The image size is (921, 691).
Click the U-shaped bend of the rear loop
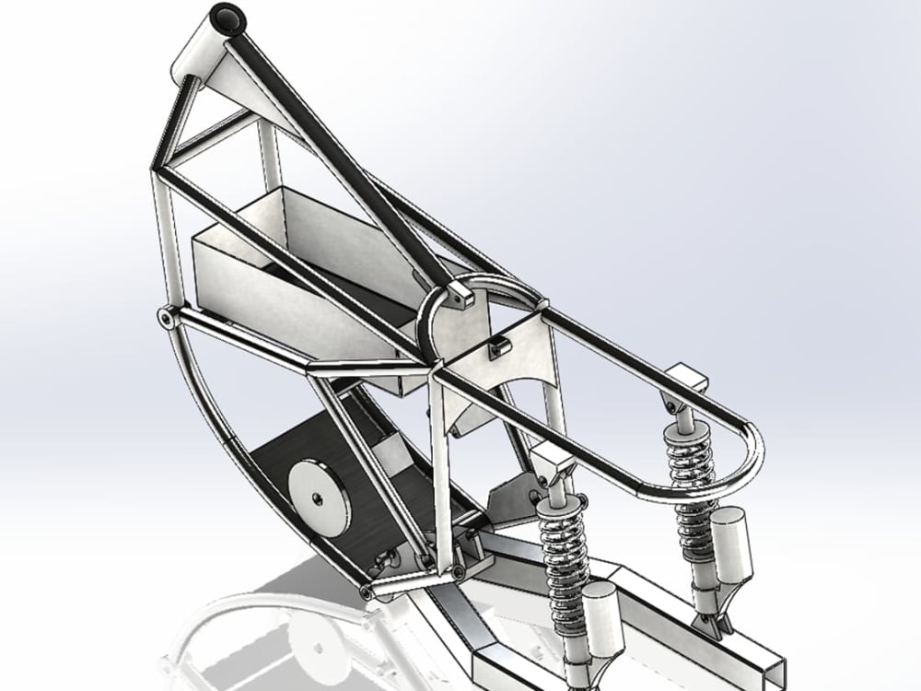pos(751,451)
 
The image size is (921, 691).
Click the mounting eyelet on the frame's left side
pos(165,318)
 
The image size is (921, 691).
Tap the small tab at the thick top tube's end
pos(458,295)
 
